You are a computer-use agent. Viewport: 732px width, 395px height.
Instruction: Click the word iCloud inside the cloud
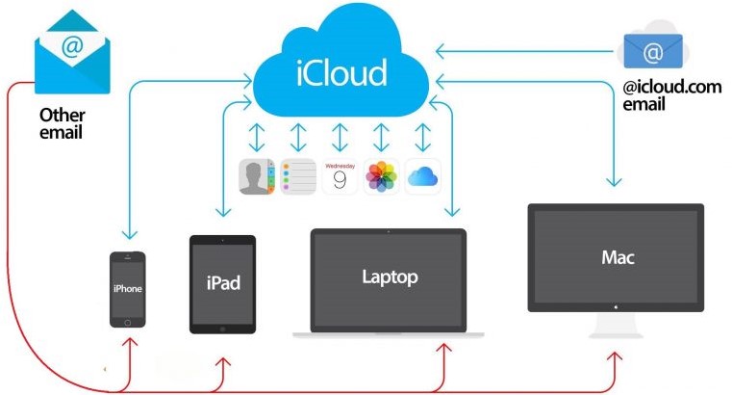pyautogui.click(x=341, y=72)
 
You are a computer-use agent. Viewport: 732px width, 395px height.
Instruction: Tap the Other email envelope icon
pyautogui.click(x=72, y=52)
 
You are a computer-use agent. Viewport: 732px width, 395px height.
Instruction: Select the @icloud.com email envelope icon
pyautogui.click(x=653, y=51)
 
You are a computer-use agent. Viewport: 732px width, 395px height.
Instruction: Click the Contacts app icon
pyautogui.click(x=256, y=176)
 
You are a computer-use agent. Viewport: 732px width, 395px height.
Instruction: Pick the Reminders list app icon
pyautogui.click(x=298, y=176)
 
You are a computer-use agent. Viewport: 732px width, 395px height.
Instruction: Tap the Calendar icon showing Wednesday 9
pyautogui.click(x=340, y=176)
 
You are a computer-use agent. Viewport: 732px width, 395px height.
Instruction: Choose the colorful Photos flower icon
pyautogui.click(x=382, y=176)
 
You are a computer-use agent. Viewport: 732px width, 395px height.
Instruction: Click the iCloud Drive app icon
pyautogui.click(x=423, y=176)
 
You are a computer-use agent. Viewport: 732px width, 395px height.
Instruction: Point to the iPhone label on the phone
pyautogui.click(x=127, y=288)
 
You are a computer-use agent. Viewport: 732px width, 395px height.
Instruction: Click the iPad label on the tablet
pyautogui.click(x=223, y=283)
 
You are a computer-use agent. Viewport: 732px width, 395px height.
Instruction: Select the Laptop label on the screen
pyautogui.click(x=390, y=277)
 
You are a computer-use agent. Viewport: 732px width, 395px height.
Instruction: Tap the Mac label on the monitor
pyautogui.click(x=618, y=257)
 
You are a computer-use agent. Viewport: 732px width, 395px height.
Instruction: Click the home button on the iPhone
pyautogui.click(x=127, y=323)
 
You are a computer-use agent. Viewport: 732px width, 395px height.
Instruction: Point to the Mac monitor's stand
pyautogui.click(x=616, y=326)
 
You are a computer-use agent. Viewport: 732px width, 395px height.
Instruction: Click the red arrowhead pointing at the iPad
pyautogui.click(x=223, y=363)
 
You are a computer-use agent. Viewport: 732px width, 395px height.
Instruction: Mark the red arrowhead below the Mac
pyautogui.click(x=615, y=357)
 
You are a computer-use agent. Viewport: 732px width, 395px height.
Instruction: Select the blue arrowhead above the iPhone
pyautogui.click(x=129, y=233)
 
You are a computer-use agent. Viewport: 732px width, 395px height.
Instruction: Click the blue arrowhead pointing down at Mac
pyautogui.click(x=614, y=181)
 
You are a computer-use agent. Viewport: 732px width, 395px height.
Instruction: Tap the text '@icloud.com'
pyautogui.click(x=671, y=87)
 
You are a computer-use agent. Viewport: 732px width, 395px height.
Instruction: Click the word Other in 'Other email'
pyautogui.click(x=63, y=115)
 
